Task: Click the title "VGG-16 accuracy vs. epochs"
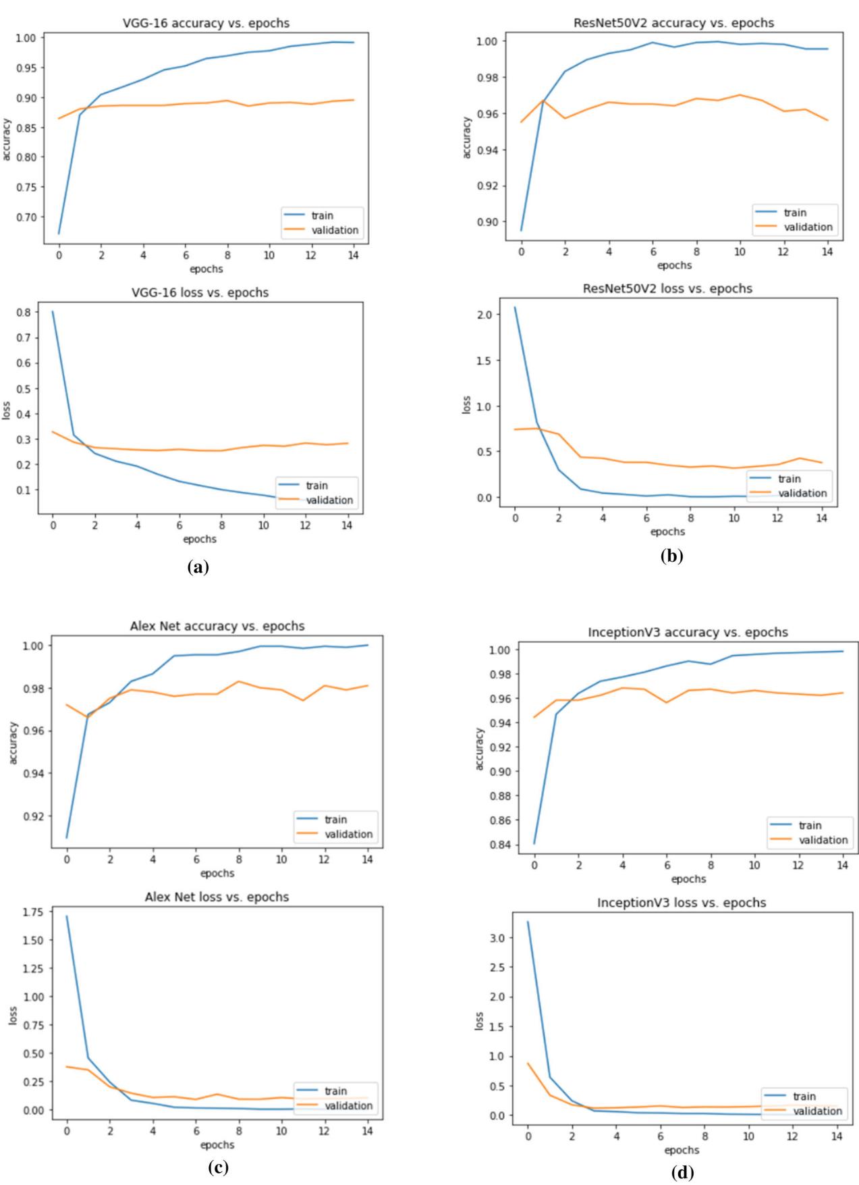[206, 23]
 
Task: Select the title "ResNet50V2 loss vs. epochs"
[667, 288]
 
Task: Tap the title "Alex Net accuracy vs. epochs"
[217, 626]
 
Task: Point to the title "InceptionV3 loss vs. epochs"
[682, 903]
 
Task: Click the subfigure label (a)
[198, 567]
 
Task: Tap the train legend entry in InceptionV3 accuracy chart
[810, 825]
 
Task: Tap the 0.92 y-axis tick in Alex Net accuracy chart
[32, 816]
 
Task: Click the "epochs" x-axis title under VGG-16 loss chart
[200, 539]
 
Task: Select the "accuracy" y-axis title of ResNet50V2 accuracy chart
[466, 138]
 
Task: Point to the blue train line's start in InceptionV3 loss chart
[528, 922]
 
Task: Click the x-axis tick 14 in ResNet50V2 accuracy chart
[827, 251]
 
